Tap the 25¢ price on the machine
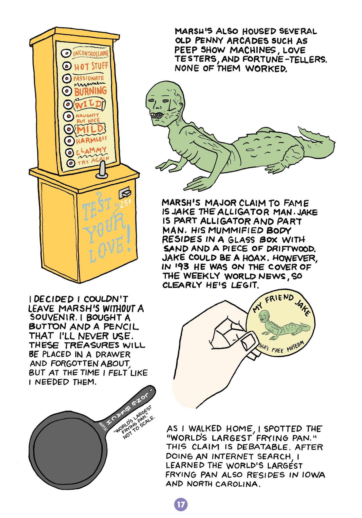coord(125,203)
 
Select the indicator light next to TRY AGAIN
coord(71,163)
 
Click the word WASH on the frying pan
coord(103,426)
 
